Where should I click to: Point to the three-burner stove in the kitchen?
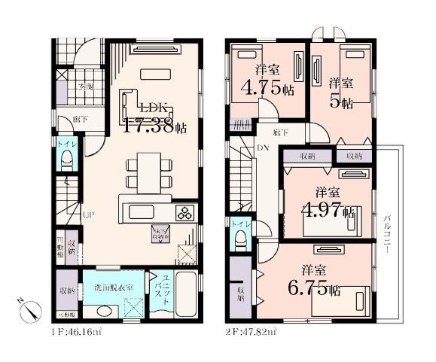tap(185, 213)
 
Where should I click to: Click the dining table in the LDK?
tap(145, 171)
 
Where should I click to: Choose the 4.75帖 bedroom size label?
tap(267, 81)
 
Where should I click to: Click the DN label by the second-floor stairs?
tap(264, 148)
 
